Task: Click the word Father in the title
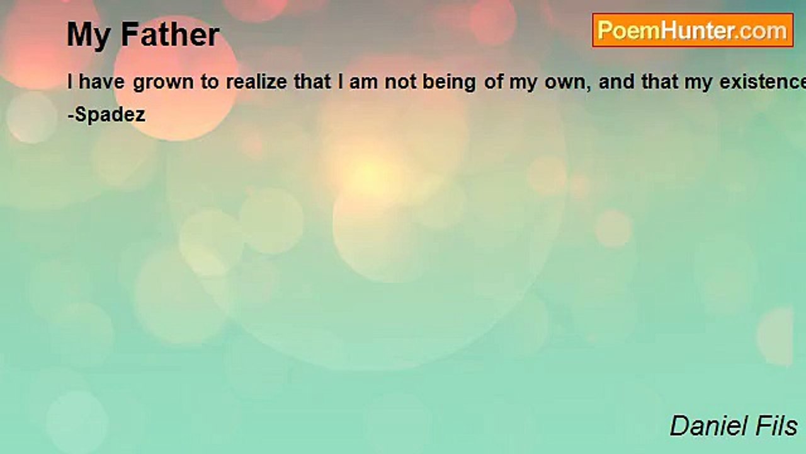pos(170,34)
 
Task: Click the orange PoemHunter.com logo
pos(693,30)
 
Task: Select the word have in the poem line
pos(101,82)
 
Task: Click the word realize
pos(256,82)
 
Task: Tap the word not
pos(400,83)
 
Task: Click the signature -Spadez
pos(106,115)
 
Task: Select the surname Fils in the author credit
pos(776,426)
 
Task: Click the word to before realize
pos(210,83)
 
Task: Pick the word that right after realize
pos(312,82)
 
